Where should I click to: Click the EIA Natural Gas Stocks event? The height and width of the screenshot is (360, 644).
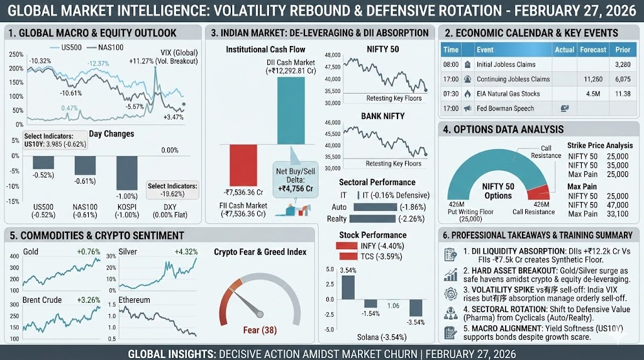tap(508, 94)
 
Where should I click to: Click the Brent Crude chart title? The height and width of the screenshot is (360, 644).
tap(42, 300)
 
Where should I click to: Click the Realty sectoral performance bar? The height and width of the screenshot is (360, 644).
tap(372, 218)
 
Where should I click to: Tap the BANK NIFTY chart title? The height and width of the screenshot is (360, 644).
tap(382, 116)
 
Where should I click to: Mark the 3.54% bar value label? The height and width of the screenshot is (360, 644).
tap(348, 271)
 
